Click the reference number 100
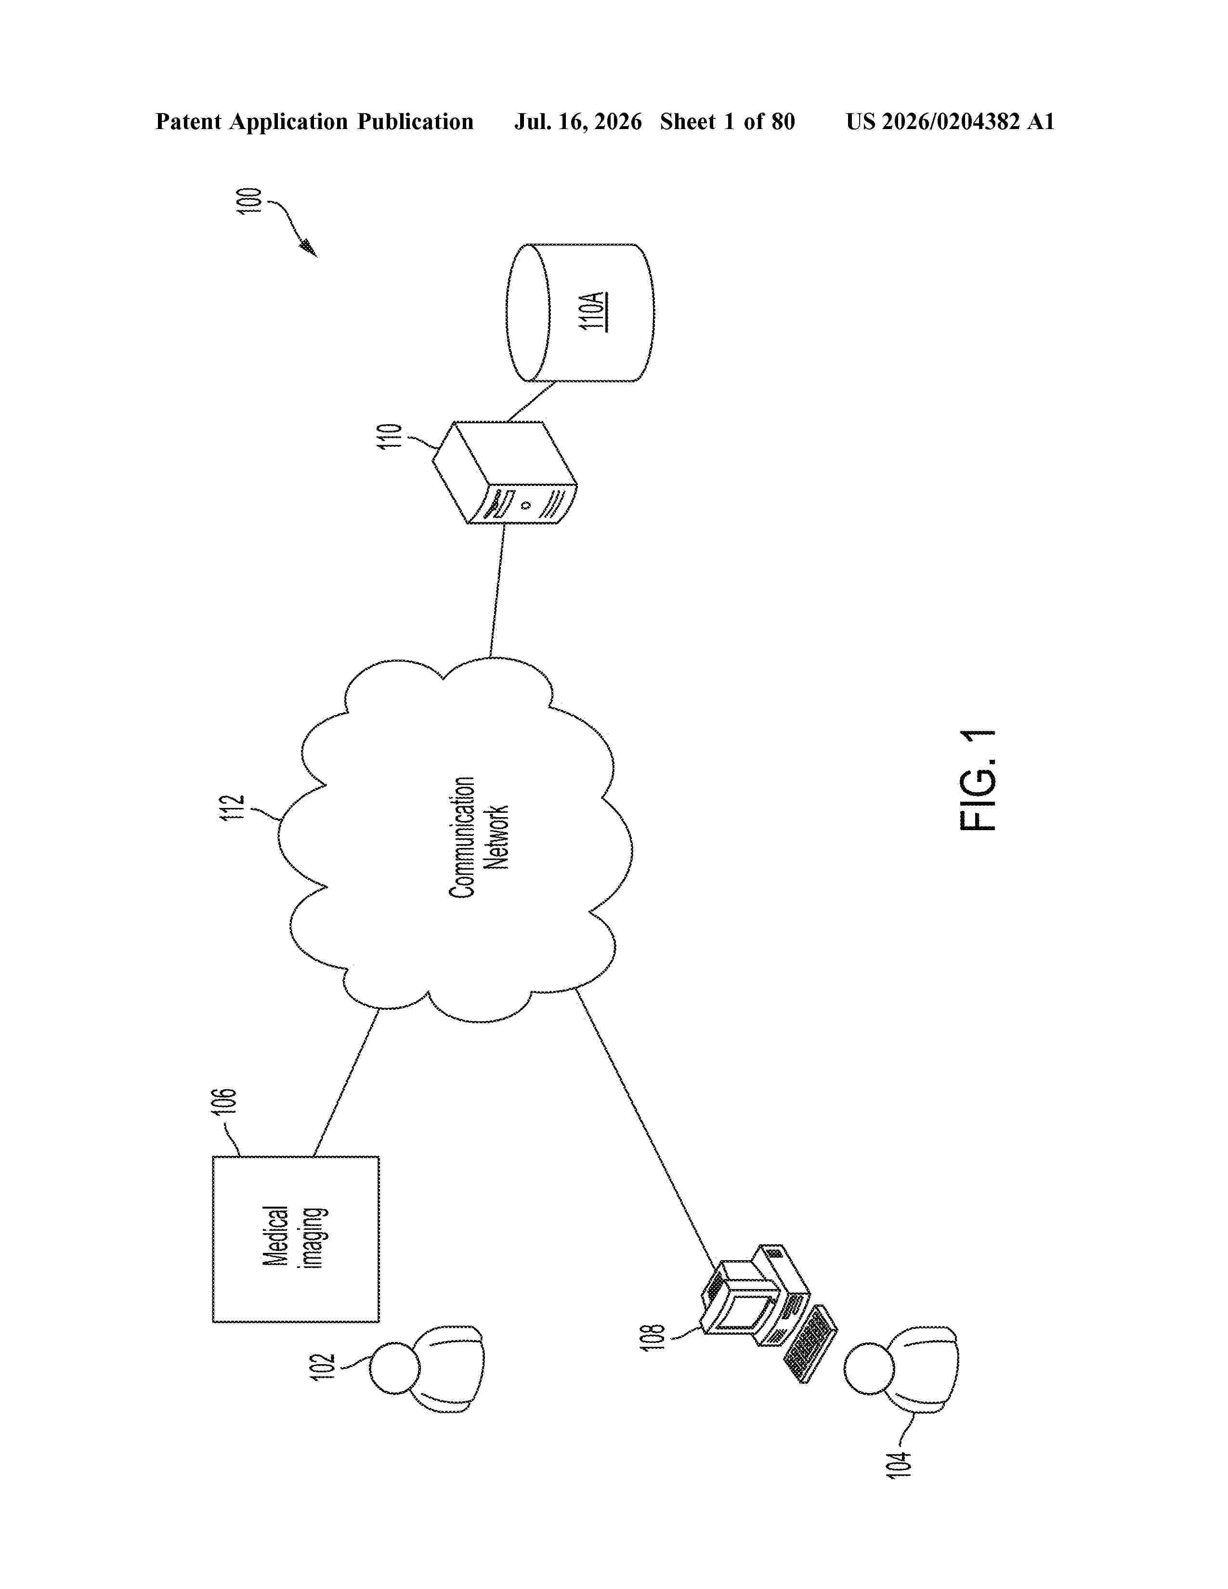(249, 201)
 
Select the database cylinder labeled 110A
(580, 313)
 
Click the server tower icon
(505, 472)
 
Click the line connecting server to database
(531, 402)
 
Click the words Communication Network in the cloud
(478, 837)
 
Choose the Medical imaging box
(295, 1239)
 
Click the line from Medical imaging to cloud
(346, 1082)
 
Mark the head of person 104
(869, 1368)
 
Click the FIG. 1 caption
(978, 781)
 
